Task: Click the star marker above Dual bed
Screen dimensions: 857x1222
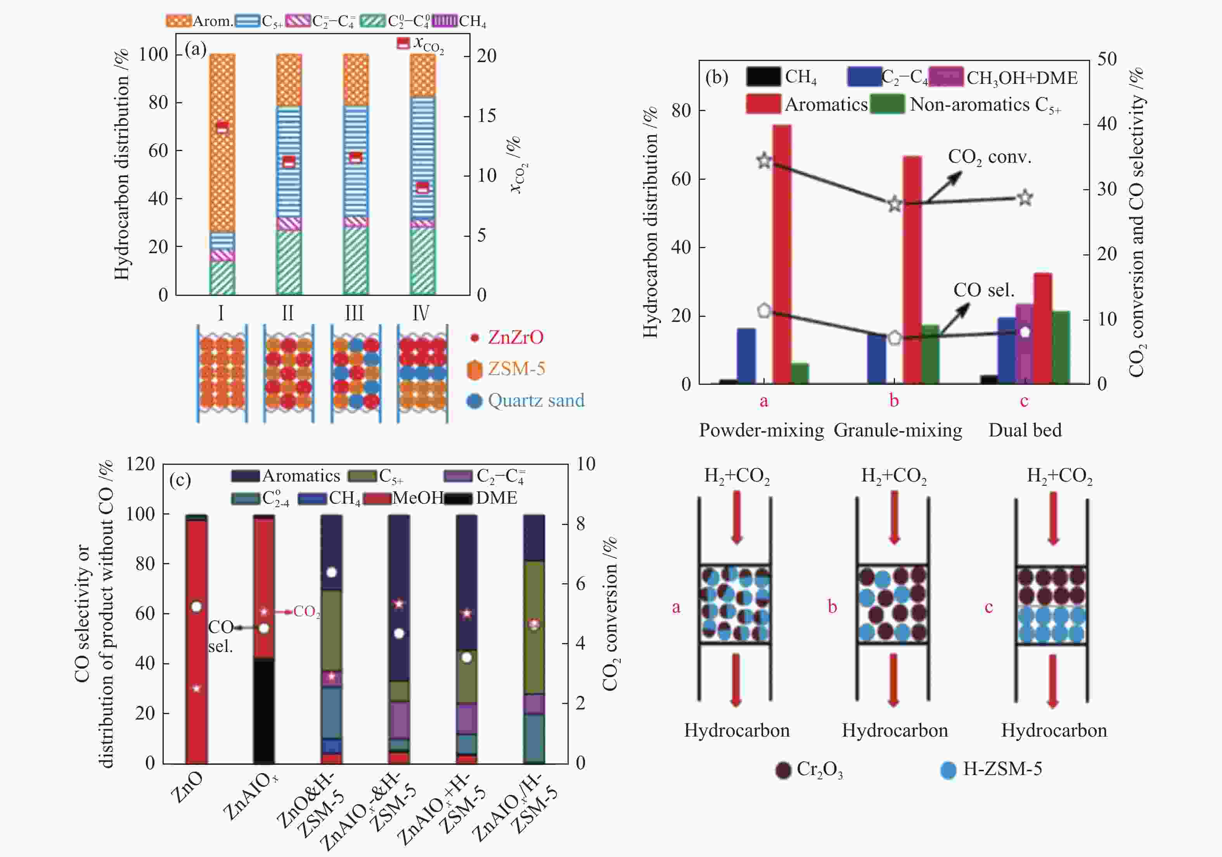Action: pos(1025,198)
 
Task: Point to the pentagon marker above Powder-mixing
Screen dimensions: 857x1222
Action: pos(764,311)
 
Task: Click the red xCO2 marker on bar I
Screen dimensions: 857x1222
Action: pos(222,128)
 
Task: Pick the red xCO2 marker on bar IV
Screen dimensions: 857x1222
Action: pos(422,188)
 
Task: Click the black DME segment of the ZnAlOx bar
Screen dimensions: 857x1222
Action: pos(263,711)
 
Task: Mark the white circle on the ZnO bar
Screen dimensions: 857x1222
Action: pos(196,607)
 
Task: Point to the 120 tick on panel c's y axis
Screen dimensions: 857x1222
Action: pos(140,464)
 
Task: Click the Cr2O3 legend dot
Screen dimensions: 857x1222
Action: pos(783,770)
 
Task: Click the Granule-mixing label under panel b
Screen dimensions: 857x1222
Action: pos(898,430)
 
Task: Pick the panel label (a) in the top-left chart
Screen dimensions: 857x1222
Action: pos(196,50)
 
